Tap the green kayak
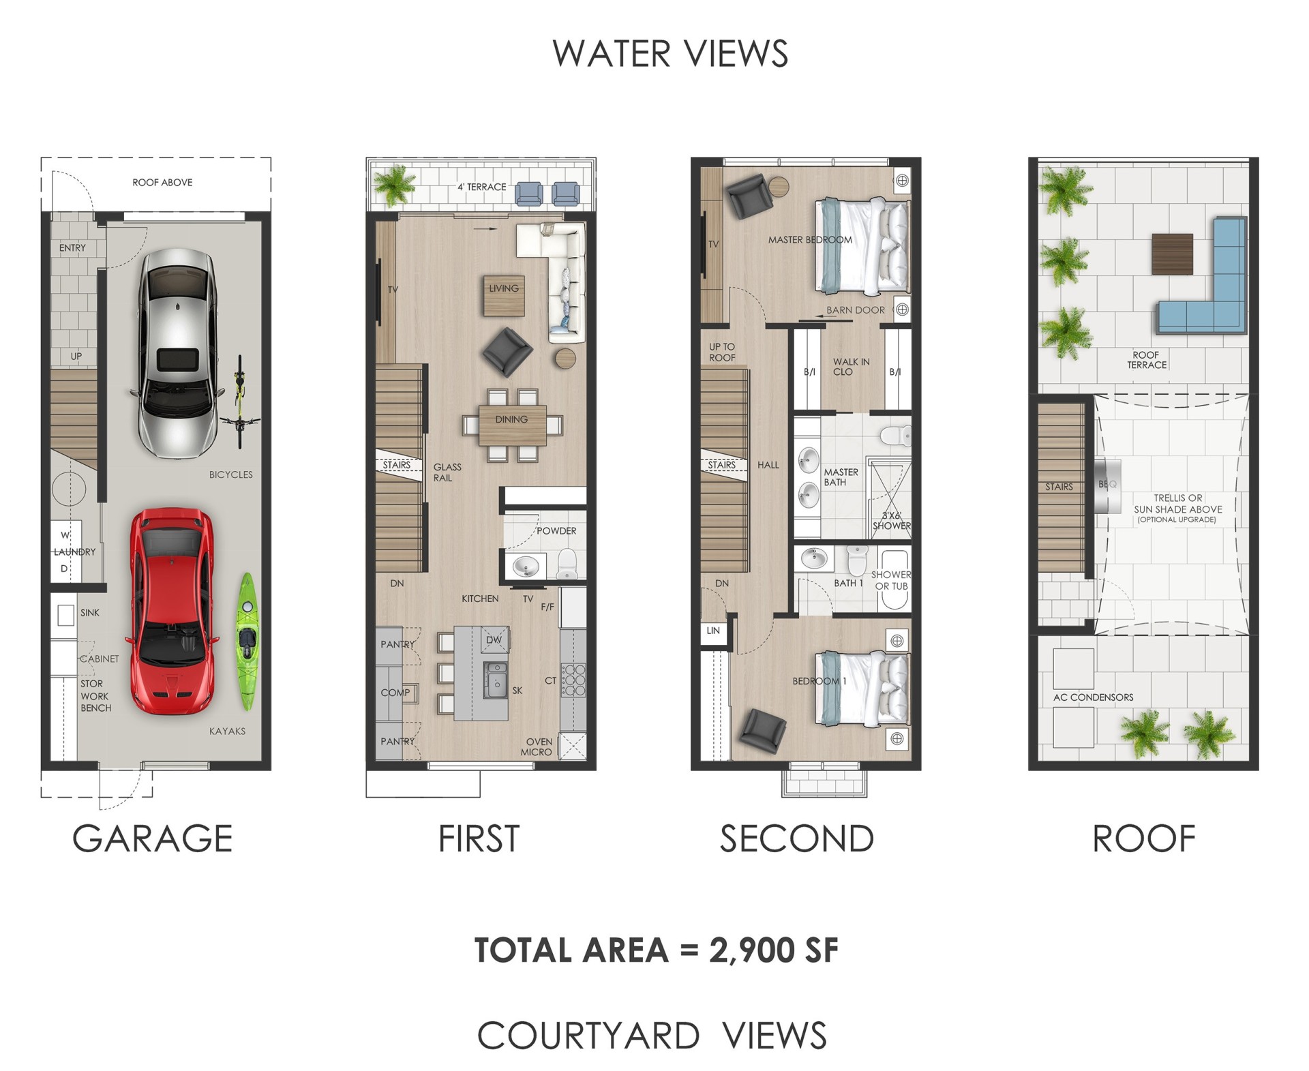[247, 642]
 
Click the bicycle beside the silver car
[239, 402]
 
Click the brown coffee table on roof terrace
[1172, 254]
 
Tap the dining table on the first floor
[512, 424]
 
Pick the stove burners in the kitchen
[573, 680]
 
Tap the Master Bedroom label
[809, 240]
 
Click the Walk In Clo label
[850, 367]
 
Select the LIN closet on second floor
[713, 631]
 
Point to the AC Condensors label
[1093, 697]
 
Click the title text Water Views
[669, 54]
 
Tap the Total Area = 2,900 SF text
[656, 950]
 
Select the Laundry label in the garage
[75, 552]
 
